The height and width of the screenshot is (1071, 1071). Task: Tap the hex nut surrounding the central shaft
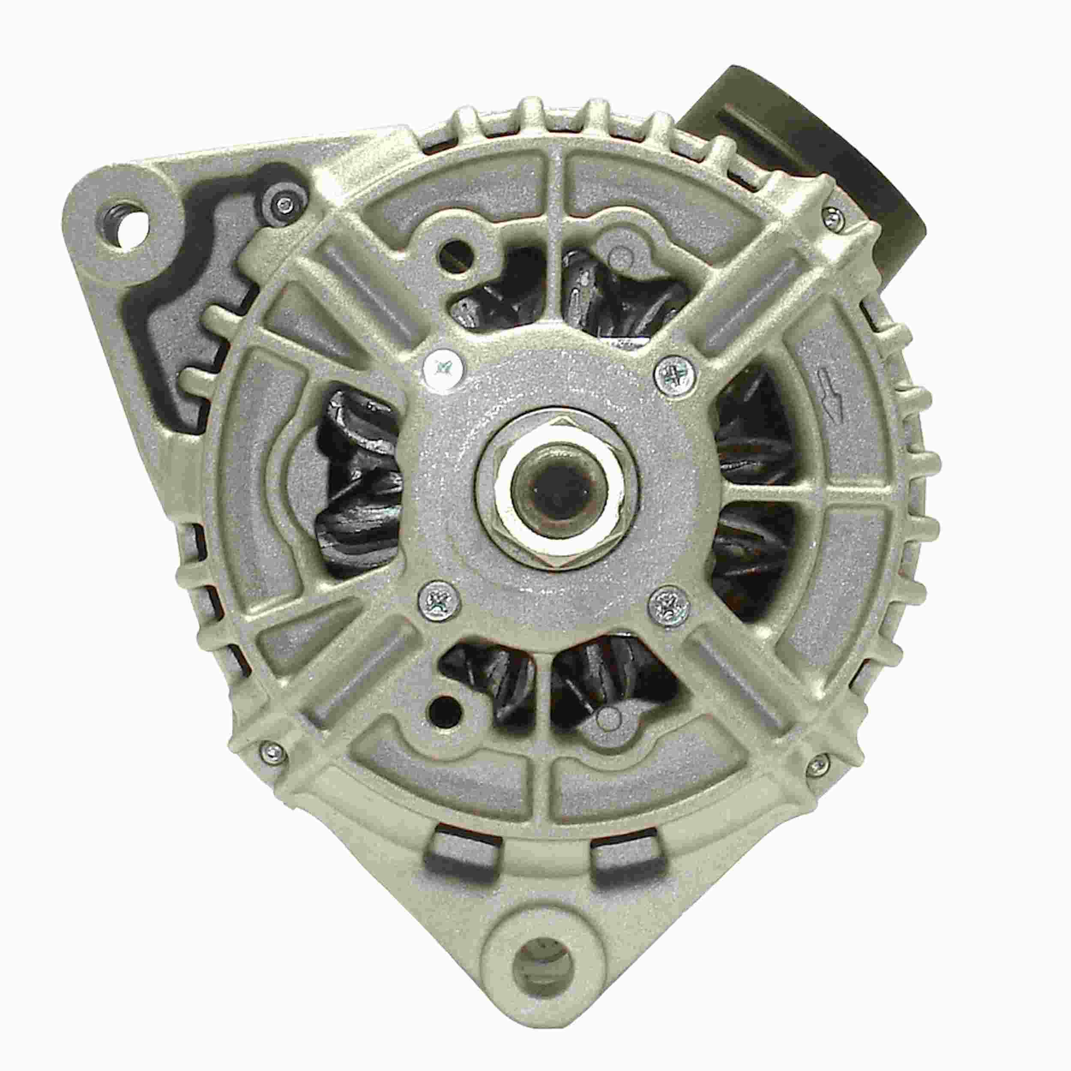[555, 532]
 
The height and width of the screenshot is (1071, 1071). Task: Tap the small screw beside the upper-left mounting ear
[284, 203]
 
